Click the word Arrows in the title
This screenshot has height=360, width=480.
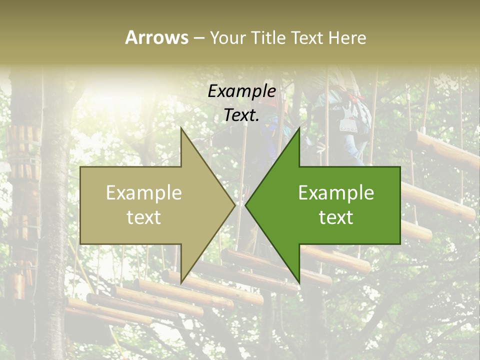coord(156,37)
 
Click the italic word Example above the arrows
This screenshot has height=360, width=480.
coord(241,91)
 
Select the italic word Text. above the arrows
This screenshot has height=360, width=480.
coord(241,115)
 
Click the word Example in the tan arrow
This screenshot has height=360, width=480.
coord(144,193)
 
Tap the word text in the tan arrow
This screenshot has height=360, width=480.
coord(144,217)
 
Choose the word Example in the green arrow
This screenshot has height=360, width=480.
coord(336,193)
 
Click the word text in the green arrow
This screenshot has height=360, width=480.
coord(336,217)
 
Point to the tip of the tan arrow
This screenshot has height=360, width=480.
coord(234,205)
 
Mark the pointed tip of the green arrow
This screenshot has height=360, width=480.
coord(246,205)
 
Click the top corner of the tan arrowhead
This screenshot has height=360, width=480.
coord(181,128)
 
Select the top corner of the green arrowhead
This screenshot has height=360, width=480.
coord(299,128)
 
